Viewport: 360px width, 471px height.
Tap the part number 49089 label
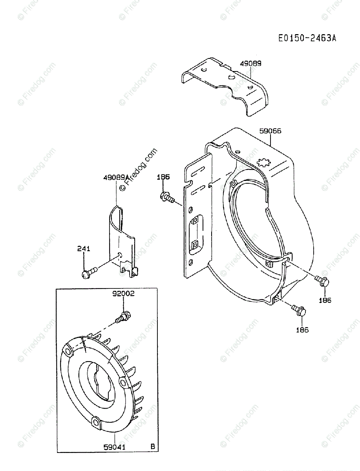pos(251,63)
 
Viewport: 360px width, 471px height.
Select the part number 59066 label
pos(270,131)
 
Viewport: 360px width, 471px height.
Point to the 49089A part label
pos(116,177)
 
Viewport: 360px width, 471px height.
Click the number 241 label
pos(84,248)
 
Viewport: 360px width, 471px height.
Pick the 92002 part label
pos(123,294)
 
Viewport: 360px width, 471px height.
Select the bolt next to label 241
pos(89,272)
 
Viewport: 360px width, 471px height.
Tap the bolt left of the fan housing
pos(167,197)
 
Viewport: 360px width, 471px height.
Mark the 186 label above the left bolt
pos(163,177)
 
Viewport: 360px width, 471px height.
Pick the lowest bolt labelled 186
pos(300,310)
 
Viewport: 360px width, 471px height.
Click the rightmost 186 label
pos(325,300)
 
